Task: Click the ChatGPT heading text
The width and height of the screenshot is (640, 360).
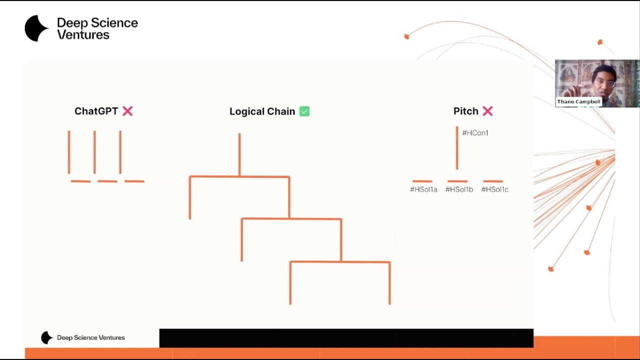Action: point(96,111)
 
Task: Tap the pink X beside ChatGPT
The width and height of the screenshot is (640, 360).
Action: point(127,111)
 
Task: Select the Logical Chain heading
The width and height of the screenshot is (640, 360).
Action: point(262,111)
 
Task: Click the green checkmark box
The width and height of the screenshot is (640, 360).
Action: point(304,111)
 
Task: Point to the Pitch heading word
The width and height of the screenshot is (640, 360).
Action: point(465,111)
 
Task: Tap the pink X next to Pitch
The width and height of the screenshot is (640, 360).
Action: point(487,111)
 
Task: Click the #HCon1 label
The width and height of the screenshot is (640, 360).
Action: point(475,133)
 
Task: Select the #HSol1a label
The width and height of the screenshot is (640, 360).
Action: point(423,189)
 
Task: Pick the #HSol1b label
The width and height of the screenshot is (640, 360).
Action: point(459,189)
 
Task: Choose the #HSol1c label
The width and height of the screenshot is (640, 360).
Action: point(495,189)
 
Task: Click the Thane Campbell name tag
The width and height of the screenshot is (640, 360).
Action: point(578,101)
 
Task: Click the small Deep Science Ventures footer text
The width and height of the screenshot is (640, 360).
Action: point(91,337)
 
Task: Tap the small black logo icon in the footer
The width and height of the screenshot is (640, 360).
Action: point(47,337)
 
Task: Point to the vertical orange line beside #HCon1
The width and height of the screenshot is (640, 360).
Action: point(457,148)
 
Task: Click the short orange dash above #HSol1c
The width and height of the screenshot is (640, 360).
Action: point(493,181)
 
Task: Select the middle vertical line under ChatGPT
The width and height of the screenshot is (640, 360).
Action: point(94,152)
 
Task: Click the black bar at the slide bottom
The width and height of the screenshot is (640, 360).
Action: point(346,338)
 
